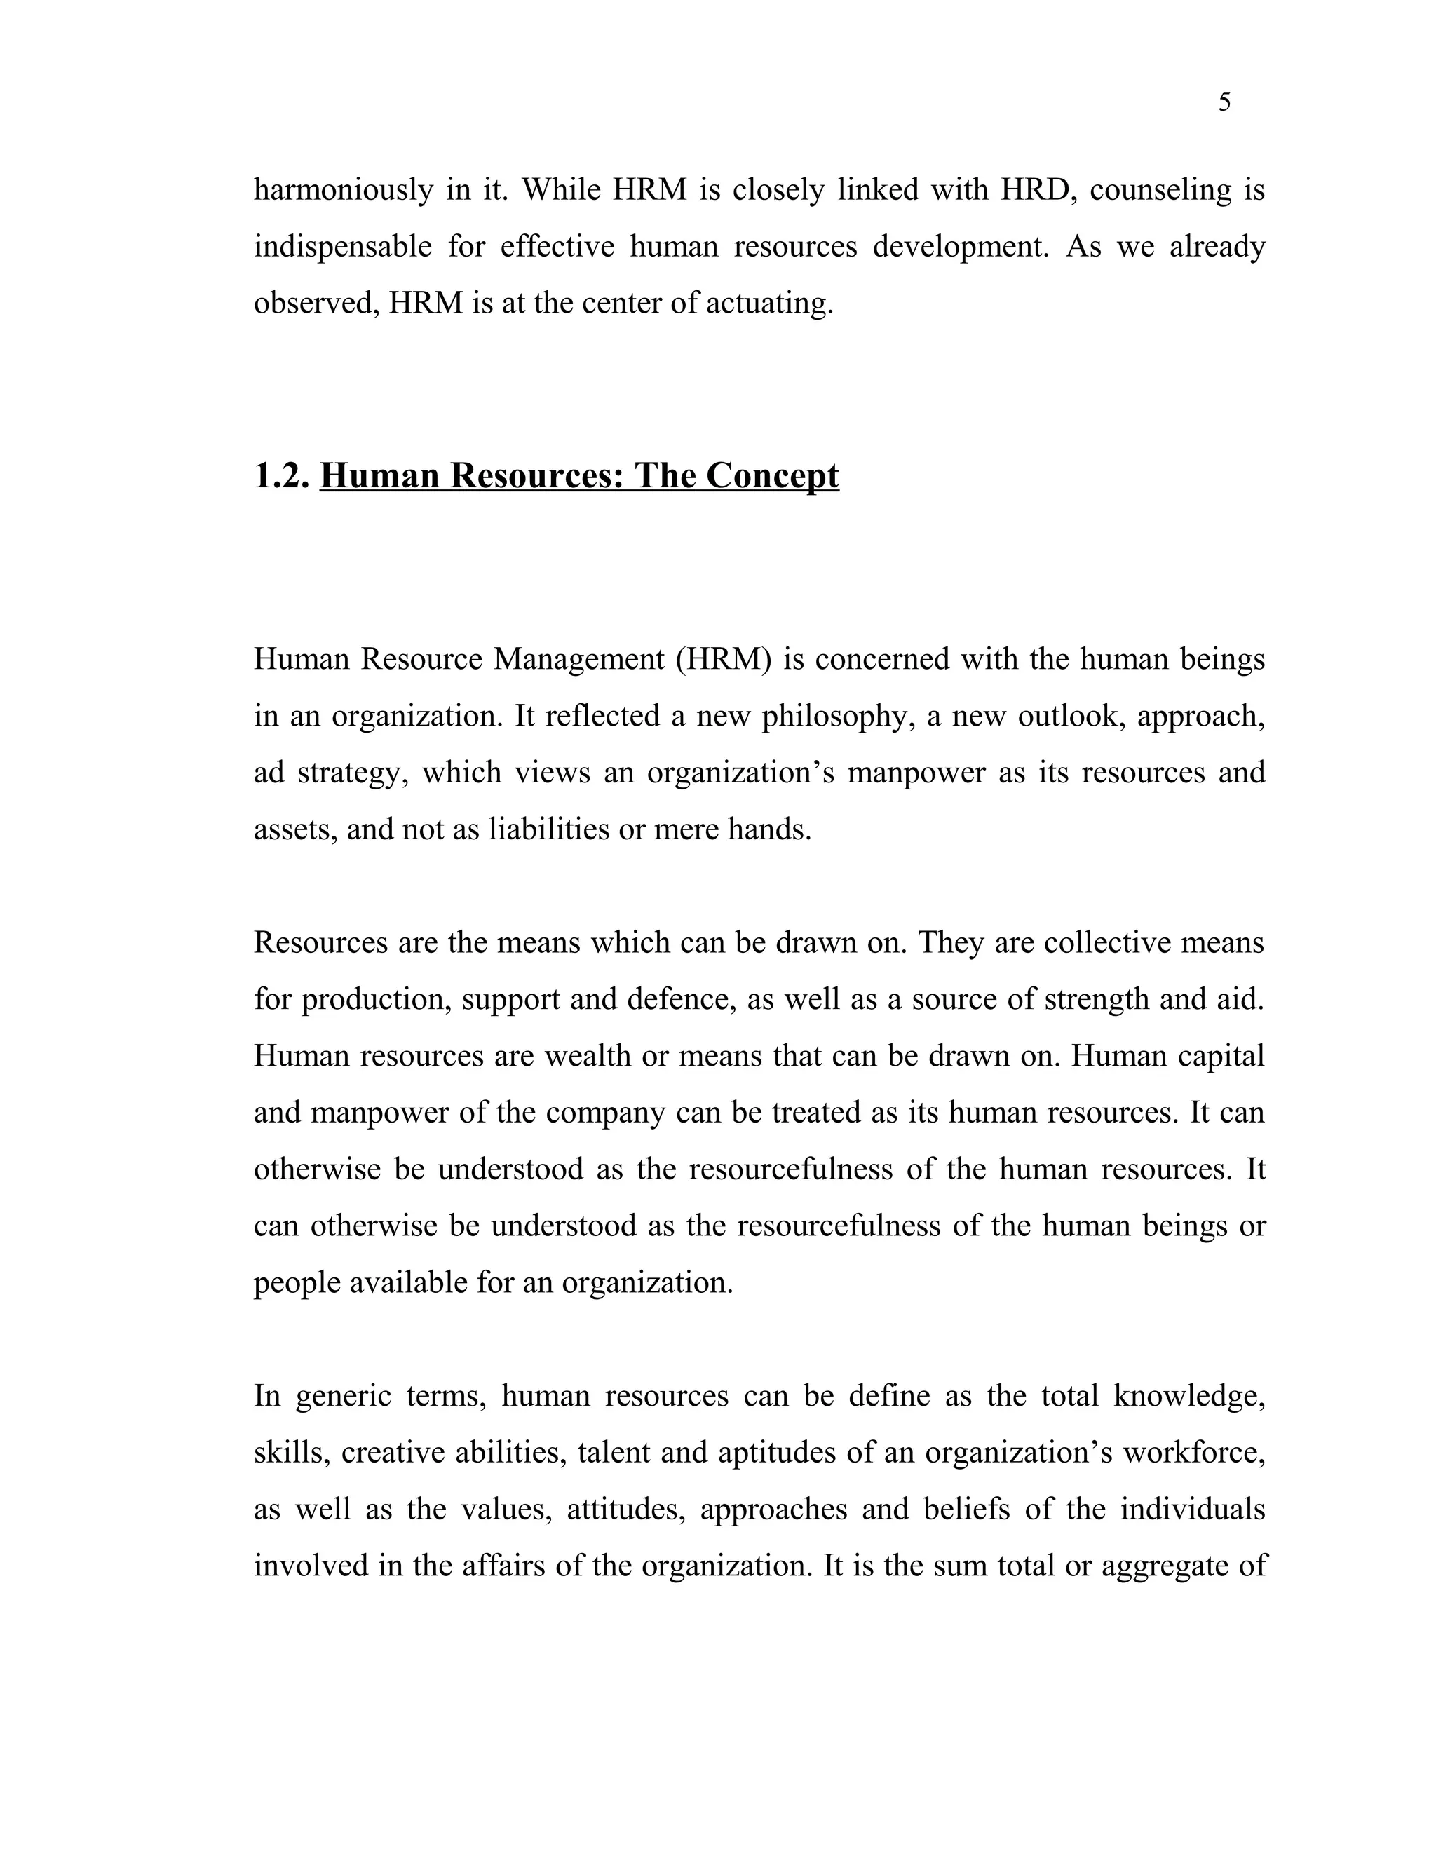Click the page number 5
1224,103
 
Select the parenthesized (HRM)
723,659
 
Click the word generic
344,1396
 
